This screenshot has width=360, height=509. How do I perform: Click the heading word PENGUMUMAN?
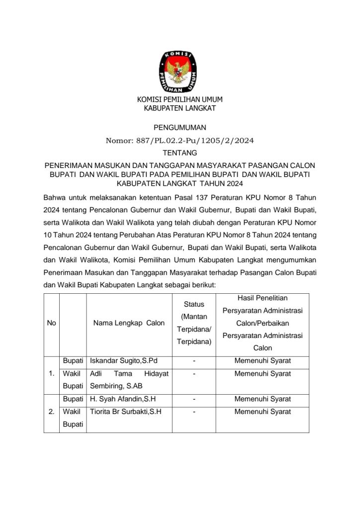[x=180, y=128]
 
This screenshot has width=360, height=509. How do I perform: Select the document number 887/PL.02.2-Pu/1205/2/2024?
[x=180, y=141]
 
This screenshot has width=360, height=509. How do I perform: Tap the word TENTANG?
[x=180, y=153]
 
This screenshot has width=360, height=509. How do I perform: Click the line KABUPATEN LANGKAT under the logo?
[x=180, y=108]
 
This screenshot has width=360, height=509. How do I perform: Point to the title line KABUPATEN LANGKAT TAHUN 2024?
[x=180, y=183]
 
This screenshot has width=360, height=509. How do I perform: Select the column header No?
[x=51, y=323]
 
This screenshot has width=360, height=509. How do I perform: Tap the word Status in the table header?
[x=194, y=304]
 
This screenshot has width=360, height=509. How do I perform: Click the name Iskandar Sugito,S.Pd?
[x=124, y=360]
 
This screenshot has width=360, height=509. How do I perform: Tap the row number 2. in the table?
[x=51, y=412]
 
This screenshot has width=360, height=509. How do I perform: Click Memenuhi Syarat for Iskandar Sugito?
[x=263, y=360]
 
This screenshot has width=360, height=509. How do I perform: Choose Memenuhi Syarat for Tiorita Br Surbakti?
[x=263, y=412]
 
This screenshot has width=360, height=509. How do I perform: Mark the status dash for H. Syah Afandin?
[x=194, y=399]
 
